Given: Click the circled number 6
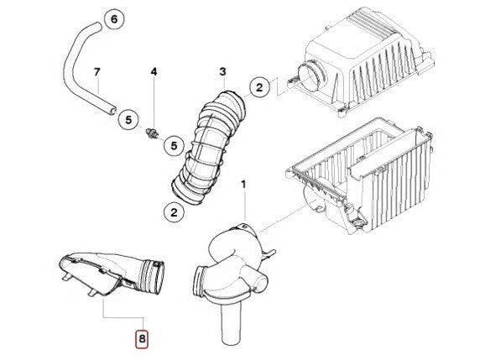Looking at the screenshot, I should coord(115,18).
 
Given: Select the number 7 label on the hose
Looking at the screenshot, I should coord(97,72).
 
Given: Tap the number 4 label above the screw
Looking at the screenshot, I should coord(154,73).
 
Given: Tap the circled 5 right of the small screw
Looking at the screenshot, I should coord(172,146).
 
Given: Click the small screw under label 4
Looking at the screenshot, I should coord(154,132).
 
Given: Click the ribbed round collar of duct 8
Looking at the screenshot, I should coord(154,274).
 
